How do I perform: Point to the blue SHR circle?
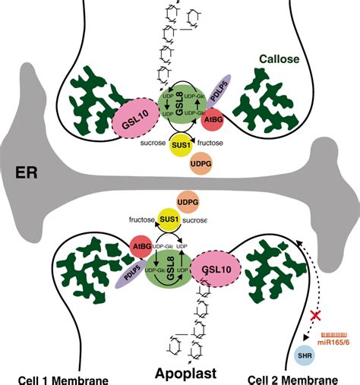click(x=305, y=355)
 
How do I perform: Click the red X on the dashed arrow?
click(x=311, y=314)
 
